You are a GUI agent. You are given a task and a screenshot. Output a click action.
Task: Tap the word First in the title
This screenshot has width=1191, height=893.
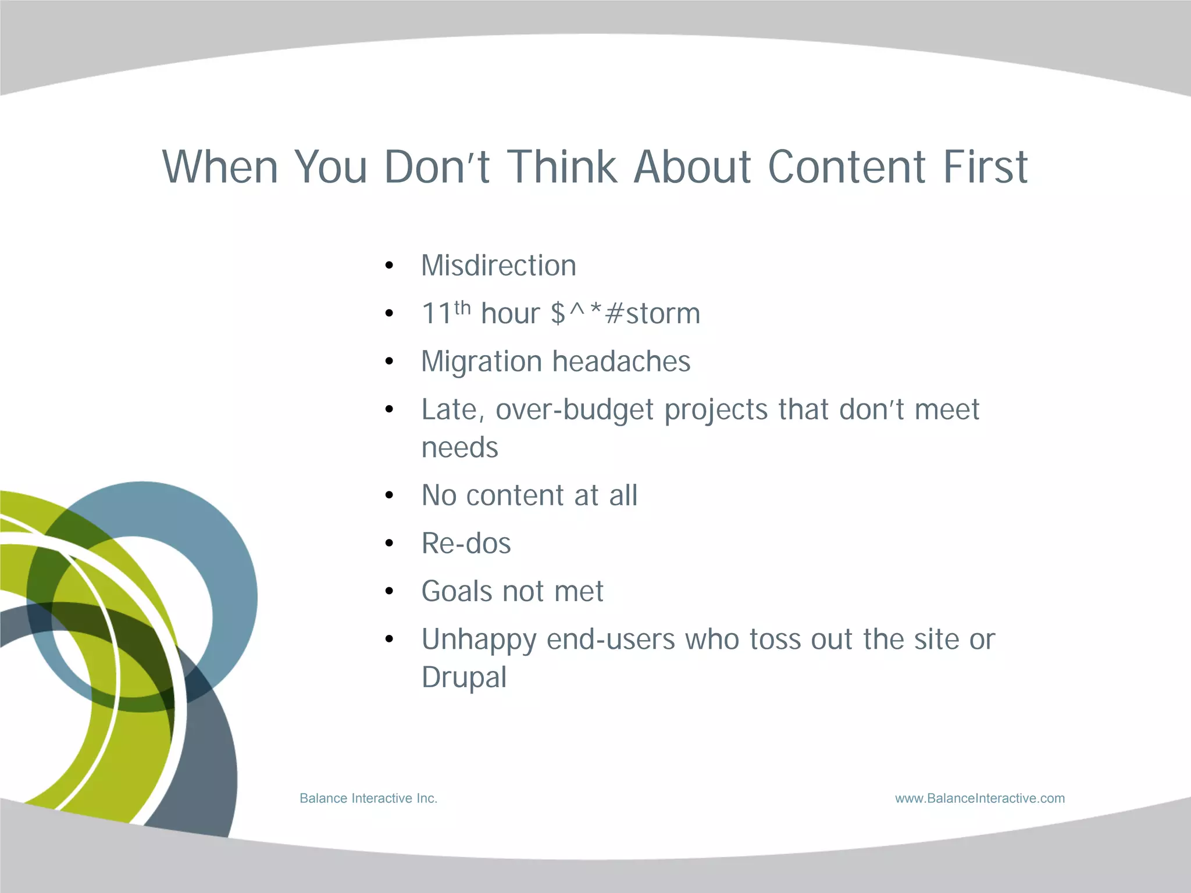click(985, 167)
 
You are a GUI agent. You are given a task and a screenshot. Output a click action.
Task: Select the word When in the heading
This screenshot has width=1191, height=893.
click(220, 167)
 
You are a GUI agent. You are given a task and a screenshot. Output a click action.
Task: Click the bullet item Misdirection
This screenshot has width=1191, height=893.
click(498, 266)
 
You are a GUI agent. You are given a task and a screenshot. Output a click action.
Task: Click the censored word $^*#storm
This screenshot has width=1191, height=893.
click(625, 314)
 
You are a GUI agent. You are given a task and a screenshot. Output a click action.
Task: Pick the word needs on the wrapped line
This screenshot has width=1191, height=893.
click(459, 448)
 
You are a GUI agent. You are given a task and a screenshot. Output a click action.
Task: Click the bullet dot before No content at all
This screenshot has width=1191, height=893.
click(390, 496)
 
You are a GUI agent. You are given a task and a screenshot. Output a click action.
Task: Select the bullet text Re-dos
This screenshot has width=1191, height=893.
click(466, 544)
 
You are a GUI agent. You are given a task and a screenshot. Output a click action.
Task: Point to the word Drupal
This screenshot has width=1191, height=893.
click(463, 678)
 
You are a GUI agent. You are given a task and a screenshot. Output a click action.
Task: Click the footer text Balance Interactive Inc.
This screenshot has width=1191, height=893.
click(368, 798)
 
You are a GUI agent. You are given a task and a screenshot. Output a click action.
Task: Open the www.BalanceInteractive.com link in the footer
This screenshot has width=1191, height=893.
click(980, 798)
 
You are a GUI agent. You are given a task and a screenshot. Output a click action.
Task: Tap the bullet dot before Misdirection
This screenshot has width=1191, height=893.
click(390, 266)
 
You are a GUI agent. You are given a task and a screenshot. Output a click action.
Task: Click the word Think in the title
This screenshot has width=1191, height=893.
click(562, 167)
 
